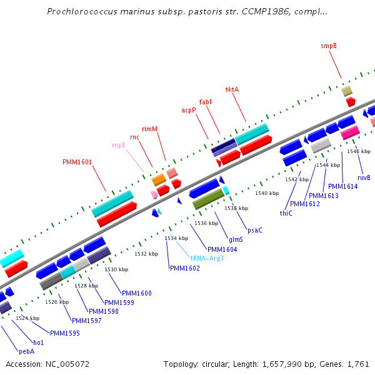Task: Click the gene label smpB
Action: [x=329, y=46]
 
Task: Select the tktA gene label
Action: [x=232, y=89]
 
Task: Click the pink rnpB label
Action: [x=119, y=145]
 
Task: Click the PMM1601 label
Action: [x=77, y=162]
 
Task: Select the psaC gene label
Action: [x=255, y=230]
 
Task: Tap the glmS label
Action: [x=236, y=239]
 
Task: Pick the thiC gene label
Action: [x=286, y=213]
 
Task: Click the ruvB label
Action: [x=364, y=177]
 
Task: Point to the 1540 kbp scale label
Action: [x=267, y=193]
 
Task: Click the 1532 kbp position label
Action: [x=146, y=254]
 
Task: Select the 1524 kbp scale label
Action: [x=27, y=318]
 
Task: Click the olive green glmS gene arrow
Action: [x=208, y=200]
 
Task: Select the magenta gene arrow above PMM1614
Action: [x=349, y=132]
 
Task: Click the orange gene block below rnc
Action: [x=159, y=180]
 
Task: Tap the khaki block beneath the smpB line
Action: [x=347, y=91]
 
